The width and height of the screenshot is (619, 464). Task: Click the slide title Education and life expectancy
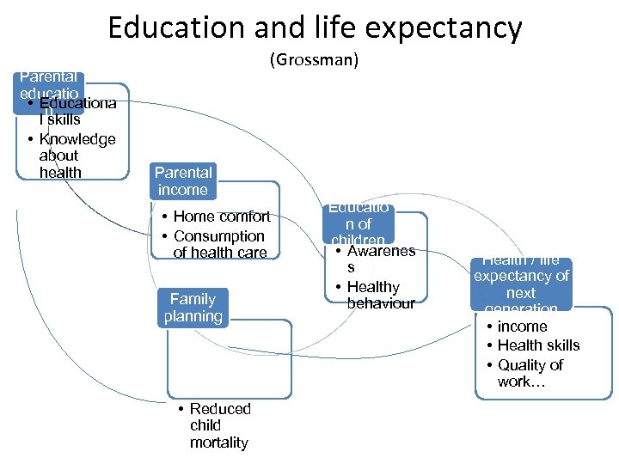tap(315, 27)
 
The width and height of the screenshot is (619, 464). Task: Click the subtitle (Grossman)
tap(314, 60)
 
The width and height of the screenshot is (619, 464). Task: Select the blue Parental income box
tap(182, 181)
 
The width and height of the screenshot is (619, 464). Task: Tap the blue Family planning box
tap(193, 308)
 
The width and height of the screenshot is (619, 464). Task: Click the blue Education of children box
tap(359, 224)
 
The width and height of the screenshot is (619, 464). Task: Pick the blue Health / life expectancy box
tap(521, 284)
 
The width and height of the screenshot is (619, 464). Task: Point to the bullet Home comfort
tap(221, 217)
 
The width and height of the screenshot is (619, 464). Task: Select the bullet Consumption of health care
tap(219, 244)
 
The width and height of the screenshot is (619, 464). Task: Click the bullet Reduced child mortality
tap(219, 425)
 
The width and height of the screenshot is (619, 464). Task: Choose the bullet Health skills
tap(538, 345)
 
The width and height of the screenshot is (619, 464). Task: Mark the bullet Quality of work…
tap(530, 373)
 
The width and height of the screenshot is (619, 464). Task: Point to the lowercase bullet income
tap(522, 327)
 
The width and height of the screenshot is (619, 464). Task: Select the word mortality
tap(219, 443)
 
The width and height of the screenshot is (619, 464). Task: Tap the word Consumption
tap(219, 235)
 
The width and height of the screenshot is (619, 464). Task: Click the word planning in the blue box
tap(193, 316)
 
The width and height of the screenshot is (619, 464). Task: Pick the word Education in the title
tap(177, 27)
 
